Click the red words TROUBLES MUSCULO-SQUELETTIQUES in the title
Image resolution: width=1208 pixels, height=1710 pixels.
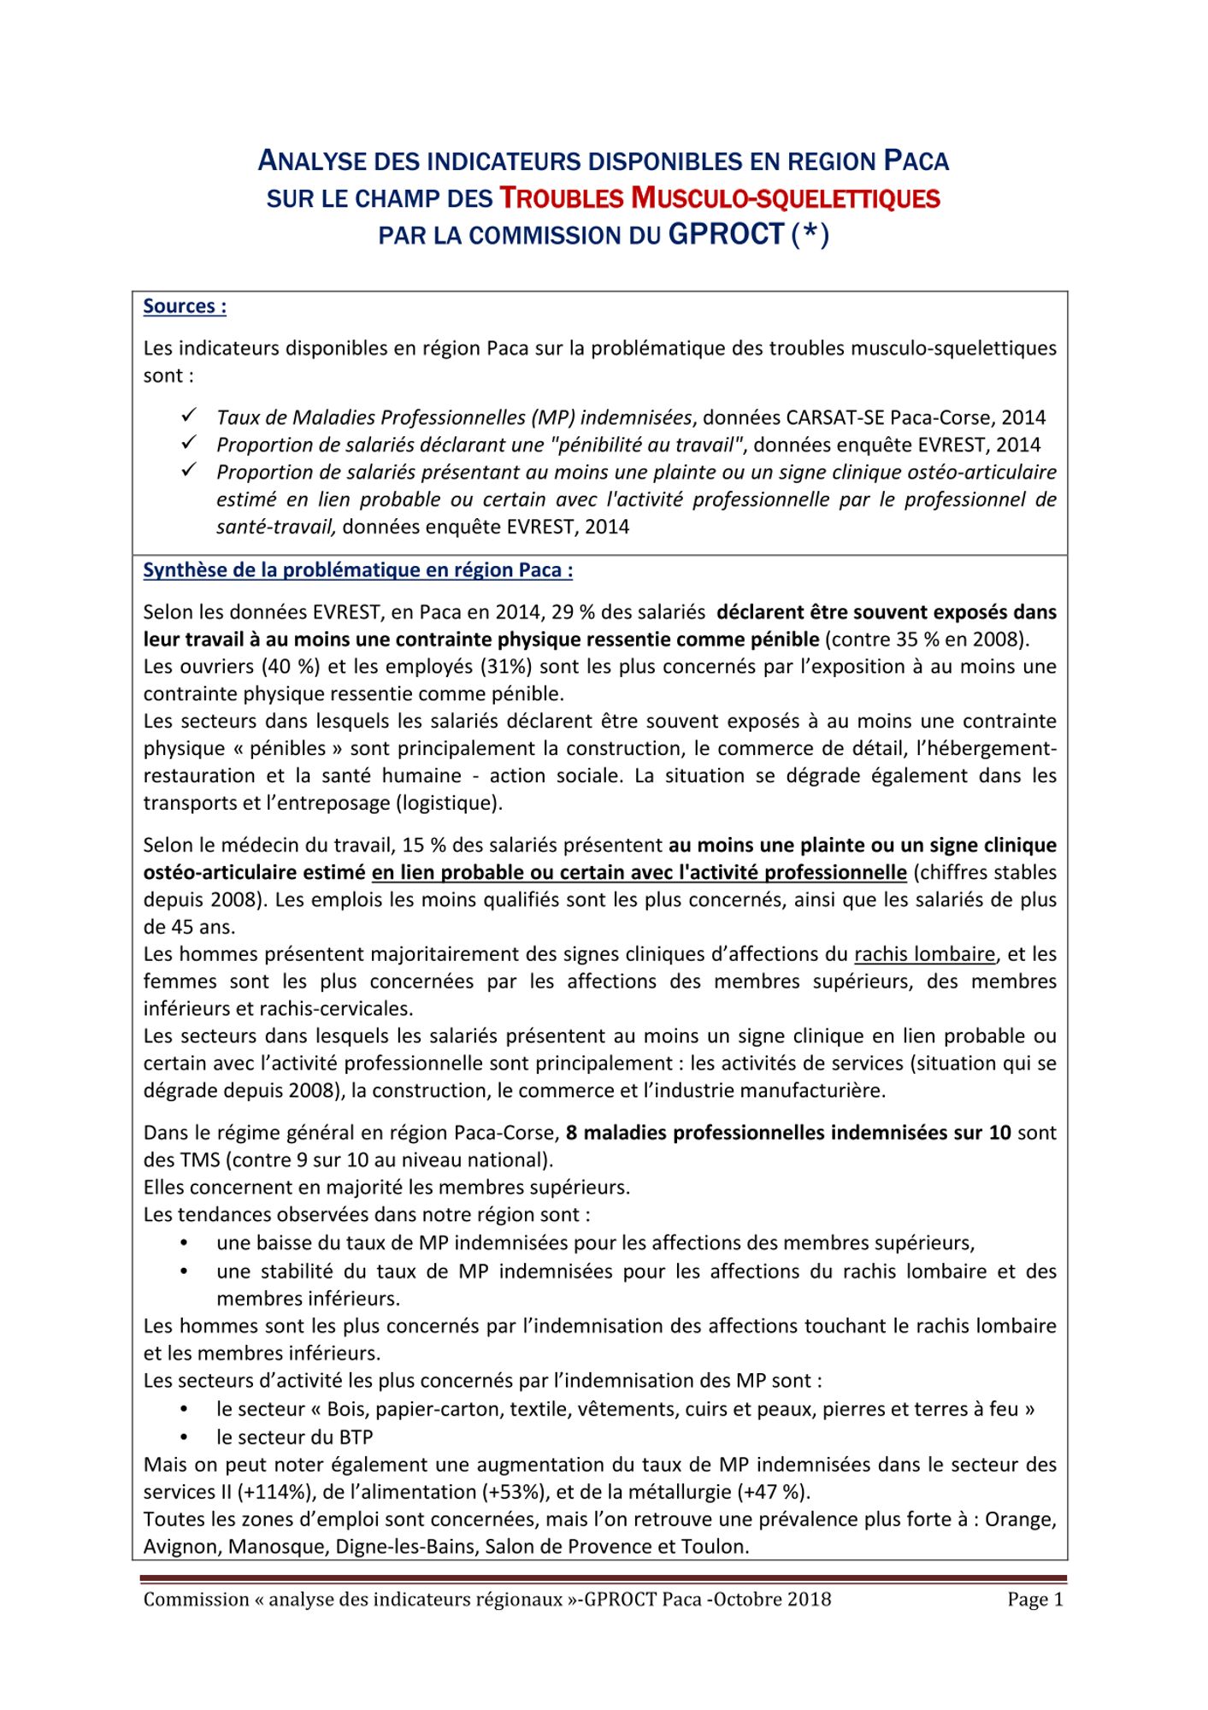click(719, 198)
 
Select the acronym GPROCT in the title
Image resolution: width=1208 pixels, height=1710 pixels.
click(726, 234)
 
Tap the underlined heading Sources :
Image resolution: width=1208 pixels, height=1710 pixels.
click(185, 306)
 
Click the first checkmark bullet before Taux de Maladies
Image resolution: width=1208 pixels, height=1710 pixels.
click(189, 416)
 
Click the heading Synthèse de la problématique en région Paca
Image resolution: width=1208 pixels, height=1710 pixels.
click(357, 570)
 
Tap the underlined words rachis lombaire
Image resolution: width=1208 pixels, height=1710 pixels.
click(924, 954)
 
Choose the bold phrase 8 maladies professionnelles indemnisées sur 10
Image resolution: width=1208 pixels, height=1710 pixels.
click(788, 1133)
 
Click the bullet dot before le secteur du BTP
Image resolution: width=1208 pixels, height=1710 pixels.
click(185, 1438)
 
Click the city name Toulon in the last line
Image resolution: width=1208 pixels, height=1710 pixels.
click(718, 1547)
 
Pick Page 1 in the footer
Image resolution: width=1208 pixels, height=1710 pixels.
click(1034, 1600)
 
